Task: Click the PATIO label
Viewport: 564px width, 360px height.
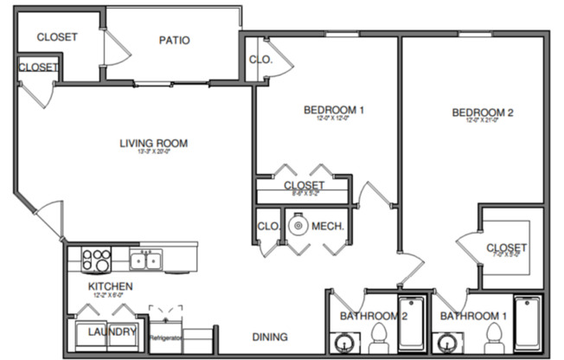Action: tap(174, 40)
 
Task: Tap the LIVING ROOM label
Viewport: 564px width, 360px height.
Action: tap(154, 144)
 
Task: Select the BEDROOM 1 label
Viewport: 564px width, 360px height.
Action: tap(334, 110)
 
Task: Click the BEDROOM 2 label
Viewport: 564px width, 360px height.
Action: tap(484, 112)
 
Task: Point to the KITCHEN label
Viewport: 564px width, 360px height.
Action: tap(110, 286)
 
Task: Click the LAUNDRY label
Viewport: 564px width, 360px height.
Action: tap(112, 332)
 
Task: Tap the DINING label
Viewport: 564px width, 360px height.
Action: tap(270, 337)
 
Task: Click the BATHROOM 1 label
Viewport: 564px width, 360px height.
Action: tap(472, 316)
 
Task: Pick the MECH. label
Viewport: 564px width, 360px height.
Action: tap(329, 227)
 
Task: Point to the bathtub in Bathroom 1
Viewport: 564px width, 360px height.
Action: tap(527, 325)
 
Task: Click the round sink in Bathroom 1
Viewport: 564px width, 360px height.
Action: tap(449, 340)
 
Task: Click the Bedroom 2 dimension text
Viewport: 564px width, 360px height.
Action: tap(484, 121)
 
